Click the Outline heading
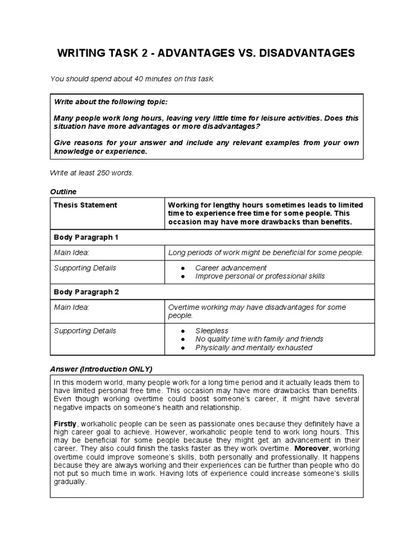(x=63, y=192)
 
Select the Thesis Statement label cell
(x=86, y=205)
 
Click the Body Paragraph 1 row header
(x=86, y=237)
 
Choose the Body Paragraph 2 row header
(x=86, y=292)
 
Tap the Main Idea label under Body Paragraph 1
(x=72, y=252)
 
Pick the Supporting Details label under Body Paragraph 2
(x=85, y=331)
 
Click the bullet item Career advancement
(x=231, y=267)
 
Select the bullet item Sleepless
(x=212, y=331)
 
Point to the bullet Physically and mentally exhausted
(x=253, y=348)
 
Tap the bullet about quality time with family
(x=259, y=339)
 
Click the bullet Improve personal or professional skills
(x=260, y=276)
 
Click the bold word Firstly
(x=65, y=424)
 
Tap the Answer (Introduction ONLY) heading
(x=101, y=369)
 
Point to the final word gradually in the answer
(x=70, y=482)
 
